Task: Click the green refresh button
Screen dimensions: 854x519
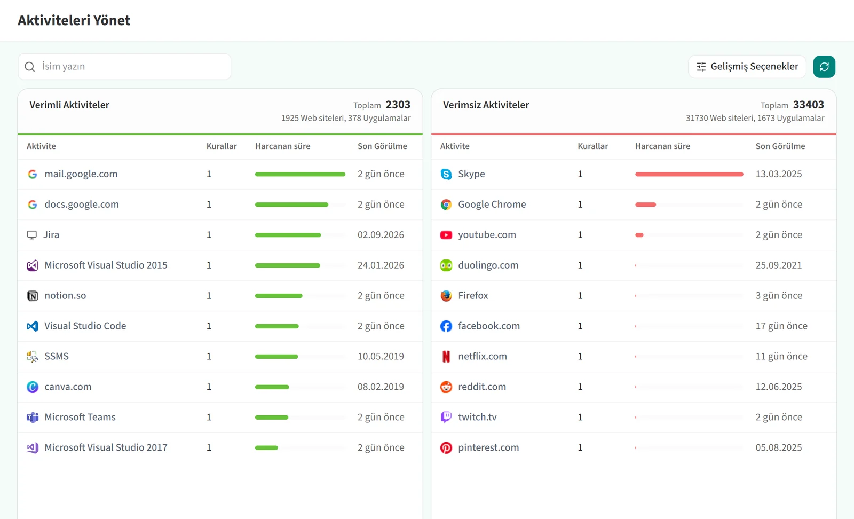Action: click(x=824, y=67)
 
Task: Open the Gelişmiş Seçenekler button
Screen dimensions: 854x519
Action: click(x=747, y=67)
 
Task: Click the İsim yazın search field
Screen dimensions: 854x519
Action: click(x=124, y=67)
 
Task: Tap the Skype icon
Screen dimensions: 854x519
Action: click(x=446, y=174)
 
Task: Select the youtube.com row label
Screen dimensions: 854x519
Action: click(x=487, y=234)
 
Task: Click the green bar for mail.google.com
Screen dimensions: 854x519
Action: click(x=300, y=174)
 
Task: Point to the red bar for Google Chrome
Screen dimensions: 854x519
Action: click(x=645, y=205)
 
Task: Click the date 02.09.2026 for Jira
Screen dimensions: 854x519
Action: click(x=381, y=234)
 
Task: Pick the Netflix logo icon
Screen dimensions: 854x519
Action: click(x=446, y=356)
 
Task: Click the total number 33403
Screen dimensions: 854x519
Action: click(x=808, y=105)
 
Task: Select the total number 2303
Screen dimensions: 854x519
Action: click(x=398, y=105)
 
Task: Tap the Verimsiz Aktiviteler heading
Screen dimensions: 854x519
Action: click(x=486, y=105)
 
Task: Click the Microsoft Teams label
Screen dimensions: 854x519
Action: click(x=80, y=417)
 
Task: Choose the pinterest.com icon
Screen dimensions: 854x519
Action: click(x=446, y=447)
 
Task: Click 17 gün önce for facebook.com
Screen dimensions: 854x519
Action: click(x=781, y=326)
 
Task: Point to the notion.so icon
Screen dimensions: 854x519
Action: click(x=33, y=295)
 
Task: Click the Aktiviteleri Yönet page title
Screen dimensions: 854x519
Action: click(x=74, y=20)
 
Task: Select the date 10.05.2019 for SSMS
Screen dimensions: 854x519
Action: click(x=381, y=356)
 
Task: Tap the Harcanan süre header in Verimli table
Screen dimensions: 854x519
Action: click(x=282, y=146)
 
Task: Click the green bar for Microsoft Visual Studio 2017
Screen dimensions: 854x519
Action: click(x=266, y=447)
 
